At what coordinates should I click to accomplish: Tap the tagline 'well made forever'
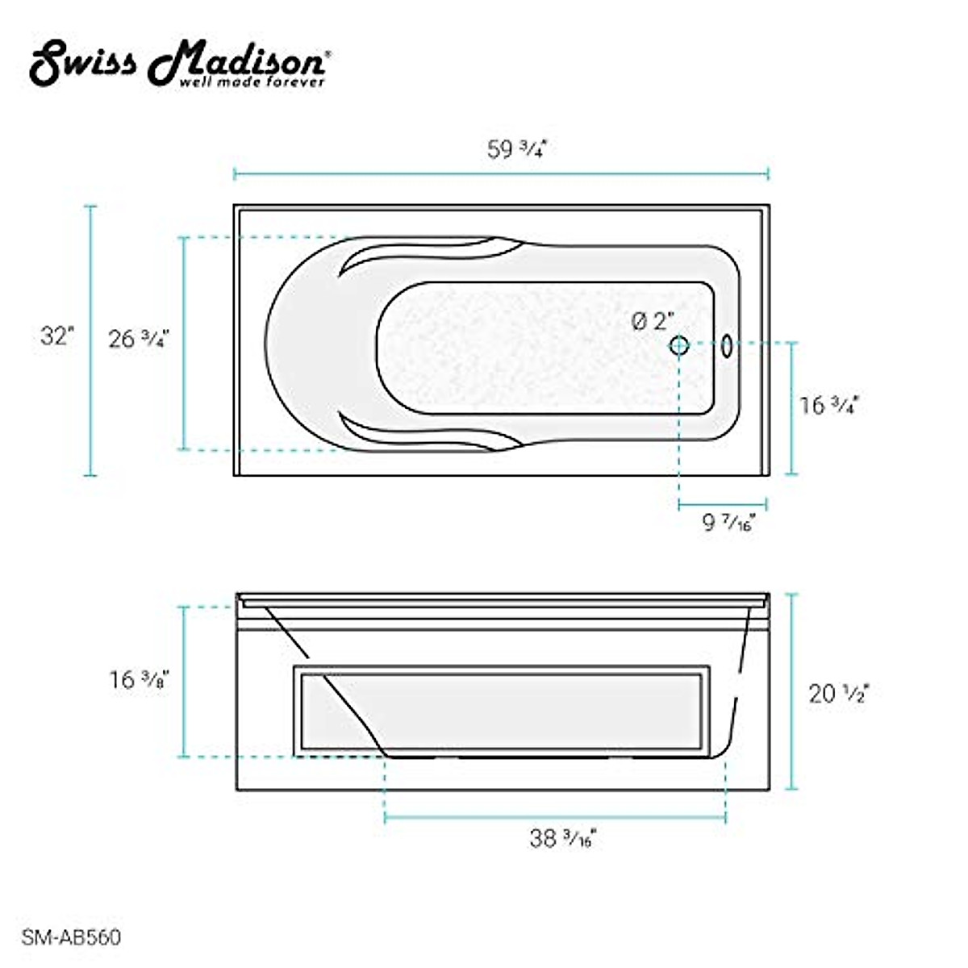[252, 82]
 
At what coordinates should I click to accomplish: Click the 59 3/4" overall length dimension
[516, 149]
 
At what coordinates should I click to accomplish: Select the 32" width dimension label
[57, 336]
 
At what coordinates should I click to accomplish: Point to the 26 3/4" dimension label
[139, 339]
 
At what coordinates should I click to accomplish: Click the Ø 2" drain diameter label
[653, 321]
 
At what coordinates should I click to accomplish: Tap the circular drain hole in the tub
[678, 345]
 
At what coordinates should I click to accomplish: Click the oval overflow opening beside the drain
[726, 346]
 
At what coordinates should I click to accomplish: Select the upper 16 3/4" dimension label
[829, 405]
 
